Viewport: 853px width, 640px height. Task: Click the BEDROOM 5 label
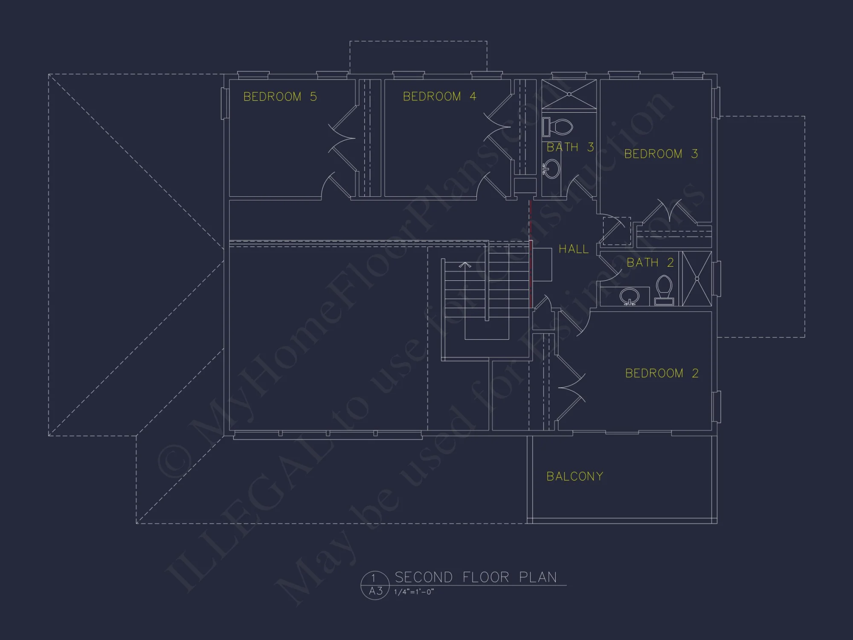pyautogui.click(x=280, y=97)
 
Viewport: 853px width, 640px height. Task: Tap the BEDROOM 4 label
pyautogui.click(x=439, y=96)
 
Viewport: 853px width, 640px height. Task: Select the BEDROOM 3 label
pyautogui.click(x=661, y=154)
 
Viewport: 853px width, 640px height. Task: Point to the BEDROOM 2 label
pyautogui.click(x=662, y=373)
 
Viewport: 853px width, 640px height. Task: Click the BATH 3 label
pyautogui.click(x=570, y=147)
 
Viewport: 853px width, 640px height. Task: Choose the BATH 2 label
pyautogui.click(x=650, y=262)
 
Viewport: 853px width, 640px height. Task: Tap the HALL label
pyautogui.click(x=573, y=249)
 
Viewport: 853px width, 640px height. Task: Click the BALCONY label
pyautogui.click(x=574, y=476)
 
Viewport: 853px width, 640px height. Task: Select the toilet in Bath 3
pyautogui.click(x=558, y=127)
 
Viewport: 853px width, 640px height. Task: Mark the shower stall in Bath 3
pyautogui.click(x=569, y=94)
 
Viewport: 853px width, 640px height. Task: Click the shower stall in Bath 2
pyautogui.click(x=697, y=279)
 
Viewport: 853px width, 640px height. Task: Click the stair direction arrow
pyautogui.click(x=465, y=265)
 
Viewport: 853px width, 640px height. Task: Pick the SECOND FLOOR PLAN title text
pyautogui.click(x=476, y=577)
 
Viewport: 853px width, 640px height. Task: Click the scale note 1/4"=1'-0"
pyautogui.click(x=414, y=592)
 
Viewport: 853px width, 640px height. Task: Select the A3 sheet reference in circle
pyautogui.click(x=375, y=591)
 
